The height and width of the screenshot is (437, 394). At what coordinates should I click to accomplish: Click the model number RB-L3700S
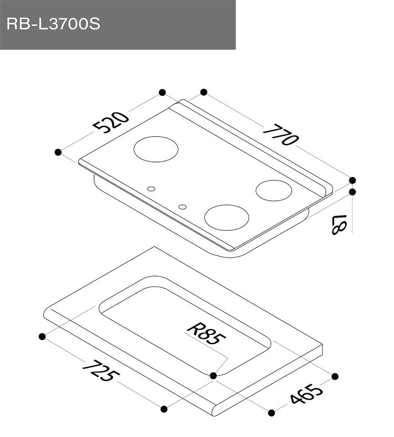click(53, 24)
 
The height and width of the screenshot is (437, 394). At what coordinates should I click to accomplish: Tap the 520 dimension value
click(110, 123)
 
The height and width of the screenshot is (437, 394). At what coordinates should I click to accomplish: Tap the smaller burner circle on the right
click(274, 190)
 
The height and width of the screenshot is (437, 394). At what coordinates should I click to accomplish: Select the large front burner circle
click(226, 217)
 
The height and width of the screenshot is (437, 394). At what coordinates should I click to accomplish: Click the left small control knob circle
click(151, 189)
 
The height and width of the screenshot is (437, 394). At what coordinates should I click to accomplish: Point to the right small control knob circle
click(182, 207)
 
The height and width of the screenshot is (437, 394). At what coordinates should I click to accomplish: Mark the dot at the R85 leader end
click(213, 375)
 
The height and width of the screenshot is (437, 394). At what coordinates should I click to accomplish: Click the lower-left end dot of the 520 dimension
click(58, 152)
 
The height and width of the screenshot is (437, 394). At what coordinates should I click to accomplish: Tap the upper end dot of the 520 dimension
click(162, 93)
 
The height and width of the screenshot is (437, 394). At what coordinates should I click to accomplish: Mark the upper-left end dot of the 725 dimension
click(41, 335)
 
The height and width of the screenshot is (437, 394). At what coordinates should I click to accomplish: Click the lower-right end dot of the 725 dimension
click(164, 408)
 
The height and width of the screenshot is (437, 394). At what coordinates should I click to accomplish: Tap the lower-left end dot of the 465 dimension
click(272, 413)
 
